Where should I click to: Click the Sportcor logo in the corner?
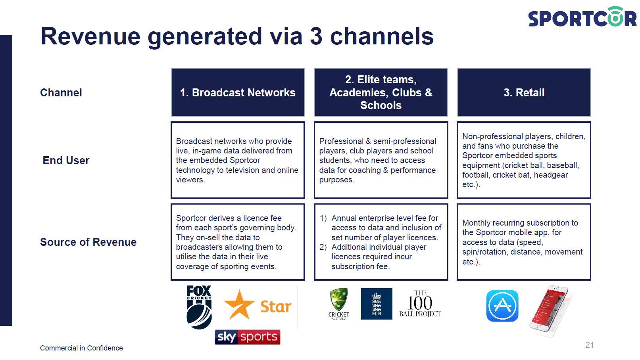click(582, 17)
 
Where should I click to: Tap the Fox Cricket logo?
click(199, 307)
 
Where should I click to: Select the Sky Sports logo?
click(248, 337)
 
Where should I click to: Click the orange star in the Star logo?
click(239, 305)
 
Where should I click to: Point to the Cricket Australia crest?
click(339, 304)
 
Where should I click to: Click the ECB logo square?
click(377, 304)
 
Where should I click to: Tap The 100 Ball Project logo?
click(420, 303)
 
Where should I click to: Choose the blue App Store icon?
click(502, 306)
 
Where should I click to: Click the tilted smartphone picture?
click(551, 310)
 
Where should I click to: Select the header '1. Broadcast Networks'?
click(238, 92)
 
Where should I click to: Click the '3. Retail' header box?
click(524, 92)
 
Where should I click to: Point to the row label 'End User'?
click(66, 161)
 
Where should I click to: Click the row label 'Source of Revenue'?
click(88, 242)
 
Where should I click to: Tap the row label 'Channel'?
click(61, 93)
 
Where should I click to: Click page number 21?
click(590, 345)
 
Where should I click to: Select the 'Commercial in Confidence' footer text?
click(81, 348)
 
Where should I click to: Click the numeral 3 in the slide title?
click(316, 36)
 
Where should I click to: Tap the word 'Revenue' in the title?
click(90, 36)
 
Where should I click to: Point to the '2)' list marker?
click(323, 247)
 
